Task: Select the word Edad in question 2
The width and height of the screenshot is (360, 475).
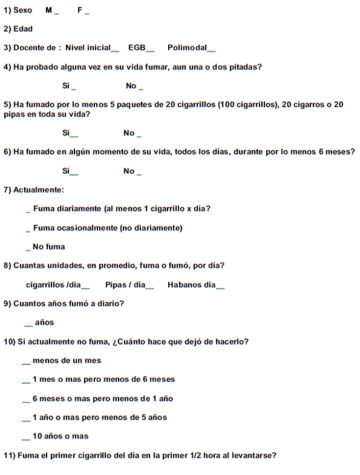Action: pos(23,29)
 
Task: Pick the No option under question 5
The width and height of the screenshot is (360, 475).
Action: pos(132,133)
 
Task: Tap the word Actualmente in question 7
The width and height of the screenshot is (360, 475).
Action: pos(39,189)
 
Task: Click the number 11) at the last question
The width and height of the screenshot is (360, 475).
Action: pos(9,455)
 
